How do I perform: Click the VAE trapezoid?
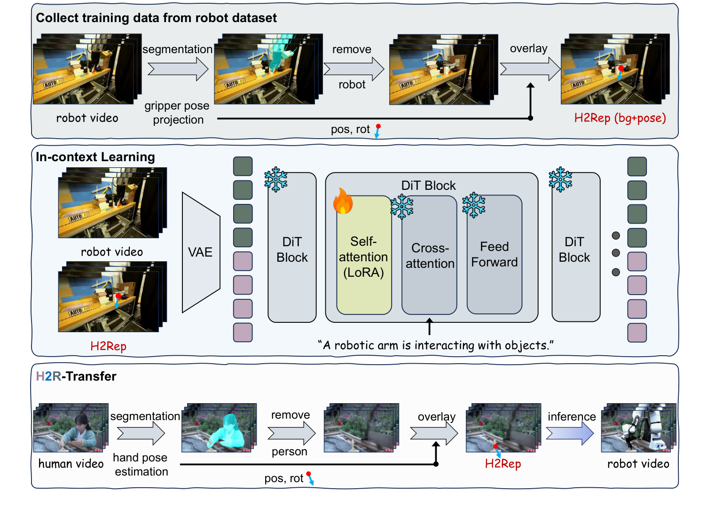201,252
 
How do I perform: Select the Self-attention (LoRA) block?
364,257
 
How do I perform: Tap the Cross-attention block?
430,256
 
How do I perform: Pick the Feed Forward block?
494,255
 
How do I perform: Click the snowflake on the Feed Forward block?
473,205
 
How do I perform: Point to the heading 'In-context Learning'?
95,157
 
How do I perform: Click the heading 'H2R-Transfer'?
76,376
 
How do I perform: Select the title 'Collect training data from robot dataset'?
156,18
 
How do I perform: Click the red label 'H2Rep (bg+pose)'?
620,118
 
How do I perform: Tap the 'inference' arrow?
570,433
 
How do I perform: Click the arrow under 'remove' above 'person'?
291,433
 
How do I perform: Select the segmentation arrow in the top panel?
178,69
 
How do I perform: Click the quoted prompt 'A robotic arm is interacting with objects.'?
436,345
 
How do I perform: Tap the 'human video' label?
71,464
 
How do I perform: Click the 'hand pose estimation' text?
141,465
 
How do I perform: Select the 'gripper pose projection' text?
177,113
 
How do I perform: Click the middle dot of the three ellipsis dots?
616,253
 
